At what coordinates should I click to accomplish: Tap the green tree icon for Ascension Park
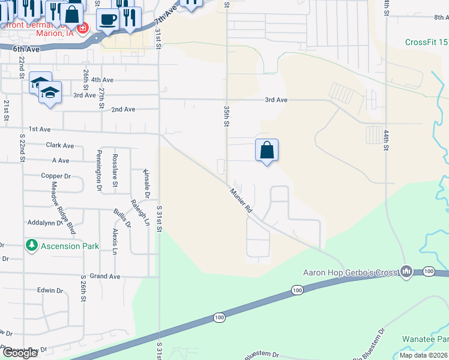(x=31, y=245)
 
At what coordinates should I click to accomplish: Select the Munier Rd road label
(x=241, y=202)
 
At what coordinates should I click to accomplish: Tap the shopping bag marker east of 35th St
(x=267, y=150)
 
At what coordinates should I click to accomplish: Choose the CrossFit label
(x=427, y=42)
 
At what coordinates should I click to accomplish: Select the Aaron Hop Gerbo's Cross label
(x=351, y=272)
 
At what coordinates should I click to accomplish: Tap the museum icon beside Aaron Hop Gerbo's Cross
(x=407, y=272)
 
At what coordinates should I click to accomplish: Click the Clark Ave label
(x=59, y=145)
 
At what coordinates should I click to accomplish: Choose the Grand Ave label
(x=105, y=277)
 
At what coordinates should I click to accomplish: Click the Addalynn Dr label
(x=45, y=223)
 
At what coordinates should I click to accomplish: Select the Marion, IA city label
(x=58, y=33)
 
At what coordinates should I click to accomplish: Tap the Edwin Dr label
(x=50, y=290)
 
